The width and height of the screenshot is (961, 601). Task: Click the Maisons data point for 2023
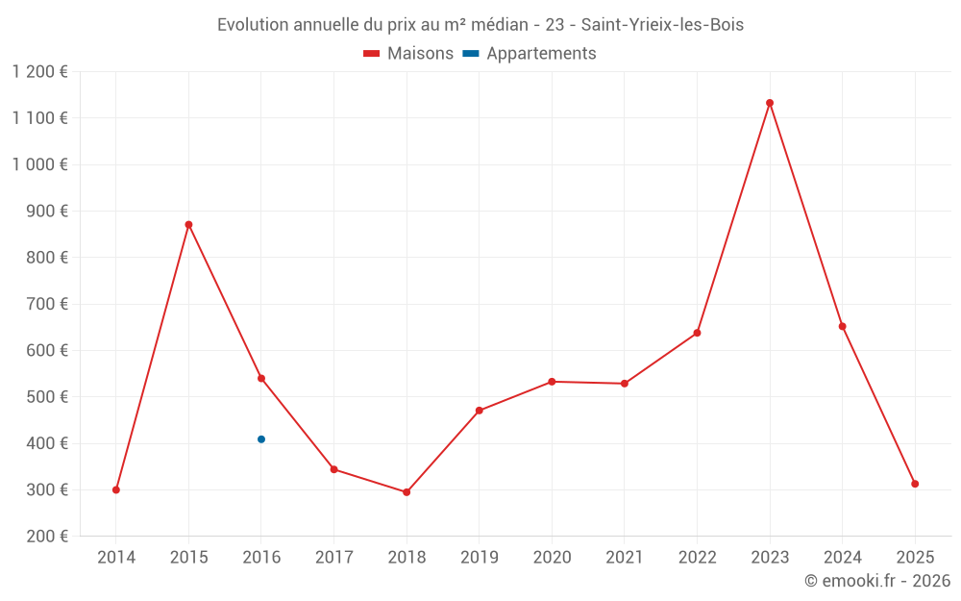[x=770, y=103]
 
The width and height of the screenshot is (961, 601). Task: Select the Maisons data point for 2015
[x=188, y=225]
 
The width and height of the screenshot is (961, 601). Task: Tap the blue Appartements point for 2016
[x=261, y=439]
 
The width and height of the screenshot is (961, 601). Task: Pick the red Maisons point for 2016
[x=261, y=379]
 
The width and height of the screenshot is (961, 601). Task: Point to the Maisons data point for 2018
[x=407, y=492]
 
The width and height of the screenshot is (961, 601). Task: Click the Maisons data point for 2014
[x=116, y=489]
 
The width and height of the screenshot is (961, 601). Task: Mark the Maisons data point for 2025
[x=915, y=484]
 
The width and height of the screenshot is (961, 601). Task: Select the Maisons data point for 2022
[x=697, y=333]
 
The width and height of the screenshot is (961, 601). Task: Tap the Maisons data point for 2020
[x=552, y=382]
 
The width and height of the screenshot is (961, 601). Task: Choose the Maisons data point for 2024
[x=842, y=326]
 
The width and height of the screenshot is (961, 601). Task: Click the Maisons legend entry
[x=408, y=54]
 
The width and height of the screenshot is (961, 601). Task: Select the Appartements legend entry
[x=530, y=54]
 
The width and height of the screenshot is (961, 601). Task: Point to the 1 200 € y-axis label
[x=40, y=72]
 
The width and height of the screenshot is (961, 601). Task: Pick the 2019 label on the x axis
[x=480, y=558]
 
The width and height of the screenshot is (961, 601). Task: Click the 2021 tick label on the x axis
[x=625, y=558]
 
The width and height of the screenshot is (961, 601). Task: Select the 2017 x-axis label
[x=333, y=558]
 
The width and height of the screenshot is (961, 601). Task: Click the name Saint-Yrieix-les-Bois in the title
[x=662, y=25]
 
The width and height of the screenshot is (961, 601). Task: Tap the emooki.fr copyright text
[x=877, y=581]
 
